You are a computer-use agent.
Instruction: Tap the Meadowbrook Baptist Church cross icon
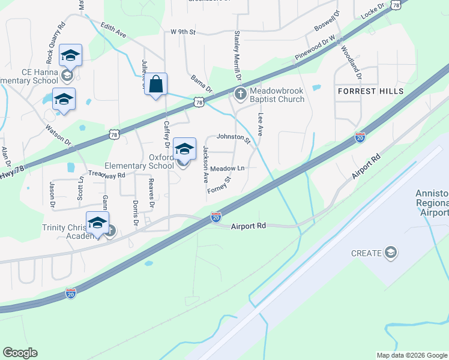(240, 93)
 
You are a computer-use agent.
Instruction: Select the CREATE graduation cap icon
(391, 253)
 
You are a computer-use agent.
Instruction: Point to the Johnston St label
(234, 137)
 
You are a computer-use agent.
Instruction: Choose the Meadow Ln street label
(228, 169)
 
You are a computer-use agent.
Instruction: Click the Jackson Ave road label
(205, 164)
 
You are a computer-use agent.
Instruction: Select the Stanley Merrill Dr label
(237, 56)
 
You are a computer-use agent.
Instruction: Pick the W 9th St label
(183, 31)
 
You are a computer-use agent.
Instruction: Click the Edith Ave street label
(113, 31)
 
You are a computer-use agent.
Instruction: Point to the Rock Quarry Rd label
(55, 44)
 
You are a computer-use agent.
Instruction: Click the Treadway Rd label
(106, 175)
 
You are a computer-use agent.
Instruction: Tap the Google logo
(20, 353)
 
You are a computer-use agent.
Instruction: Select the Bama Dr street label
(201, 84)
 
